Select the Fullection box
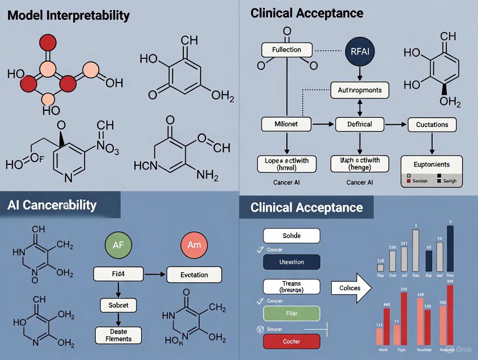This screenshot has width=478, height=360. click(286, 50)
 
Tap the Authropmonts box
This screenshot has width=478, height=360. click(360, 90)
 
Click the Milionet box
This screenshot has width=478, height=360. click(286, 124)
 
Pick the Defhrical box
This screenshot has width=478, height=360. click(360, 124)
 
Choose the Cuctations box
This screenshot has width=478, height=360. click(432, 124)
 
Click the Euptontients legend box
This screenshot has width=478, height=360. click(432, 171)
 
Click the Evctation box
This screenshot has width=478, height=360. click(194, 275)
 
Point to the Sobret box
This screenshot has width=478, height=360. click(118, 305)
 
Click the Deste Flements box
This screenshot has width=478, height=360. click(118, 336)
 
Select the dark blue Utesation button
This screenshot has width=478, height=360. click(291, 262)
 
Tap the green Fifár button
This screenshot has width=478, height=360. click(291, 313)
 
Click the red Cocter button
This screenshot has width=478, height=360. click(291, 341)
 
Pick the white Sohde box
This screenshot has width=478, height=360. click(291, 236)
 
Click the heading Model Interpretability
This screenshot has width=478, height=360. click(68, 16)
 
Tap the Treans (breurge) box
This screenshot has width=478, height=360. click(291, 286)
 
